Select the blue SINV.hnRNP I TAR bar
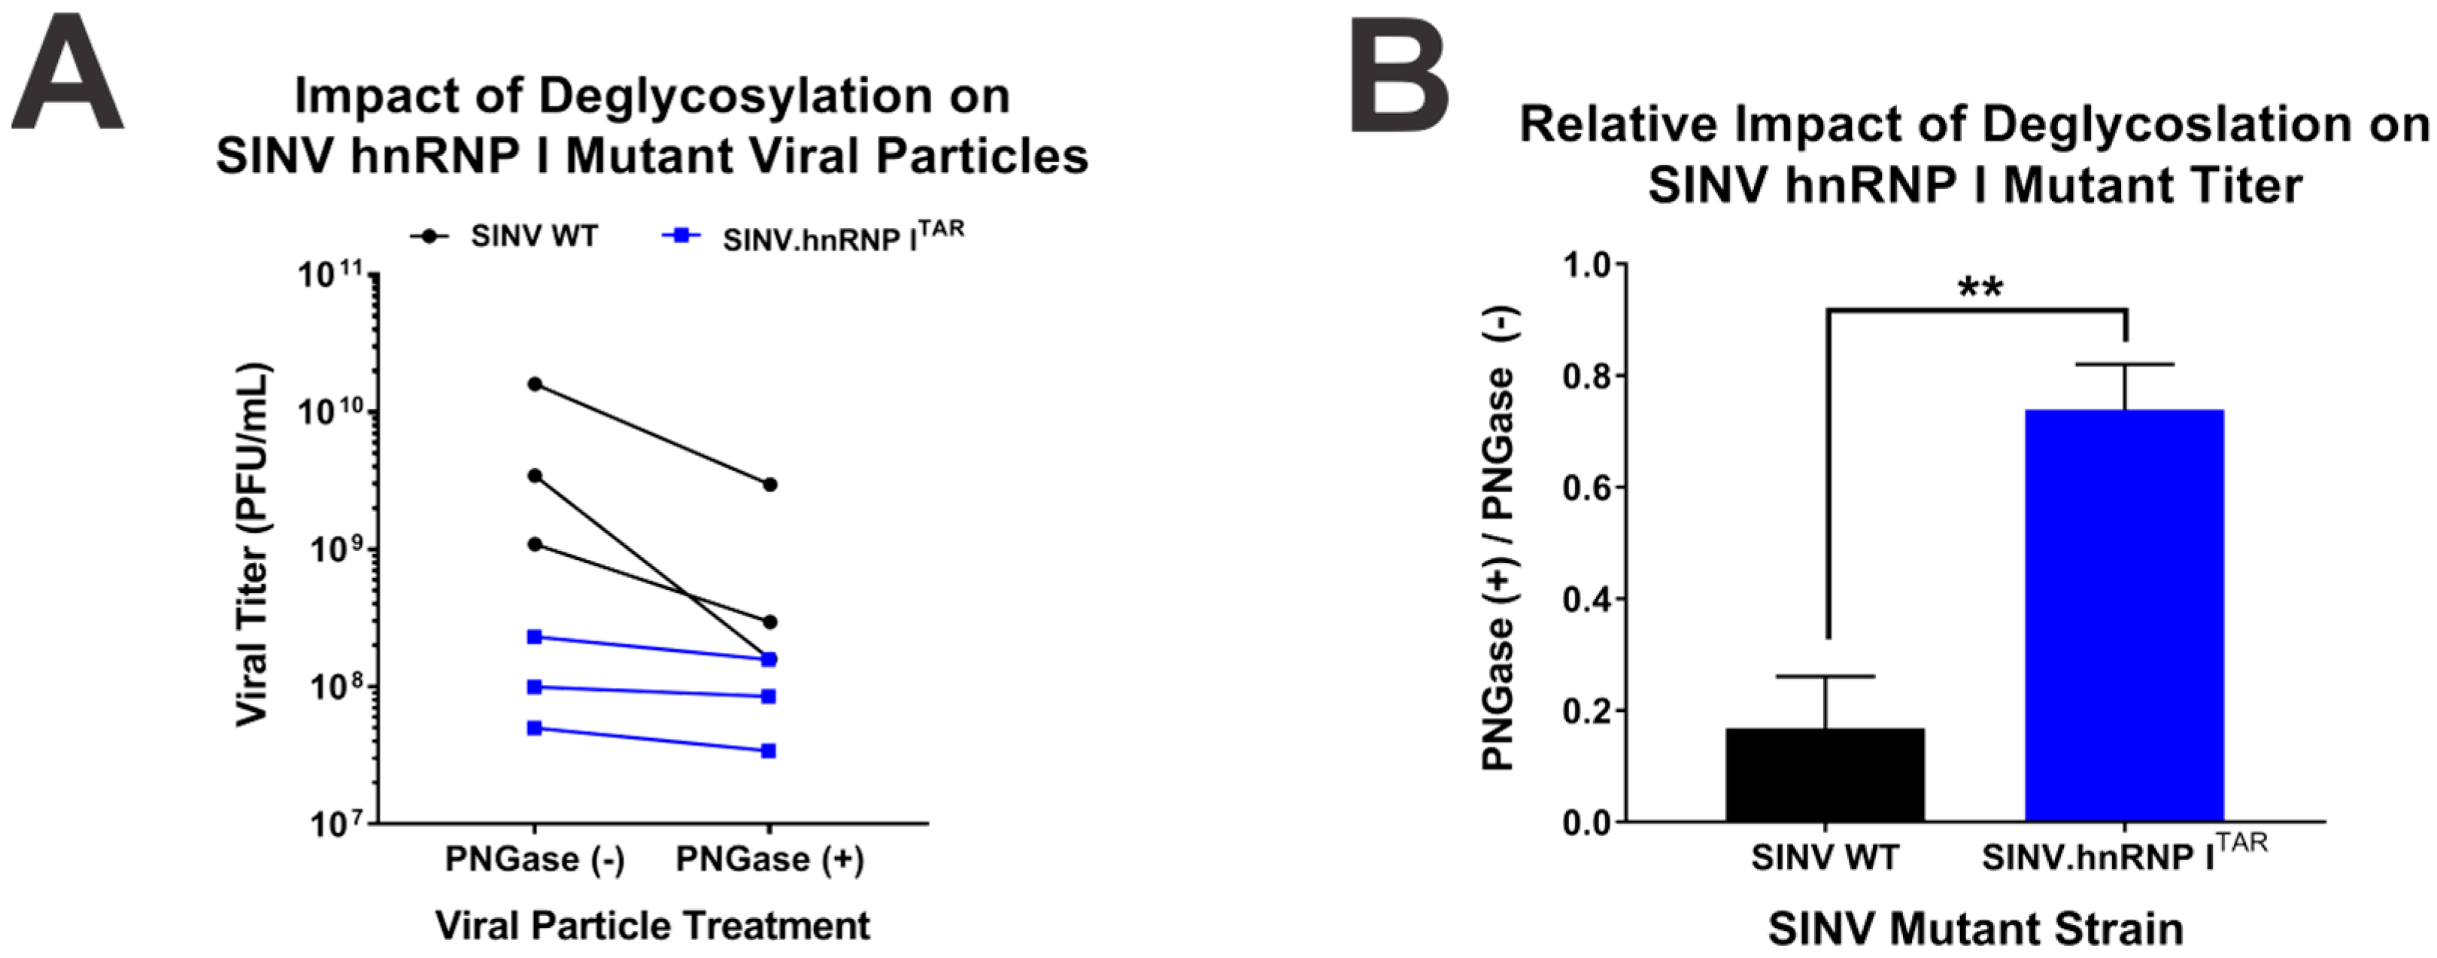click(2124, 616)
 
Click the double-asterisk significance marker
click(1980, 287)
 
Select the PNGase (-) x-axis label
click(535, 859)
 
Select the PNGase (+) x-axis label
click(769, 859)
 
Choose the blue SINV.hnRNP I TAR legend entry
click(814, 238)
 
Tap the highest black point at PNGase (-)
click(535, 385)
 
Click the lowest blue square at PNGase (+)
click(768, 752)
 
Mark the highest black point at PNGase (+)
click(770, 485)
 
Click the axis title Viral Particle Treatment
click(653, 925)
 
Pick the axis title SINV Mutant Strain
click(1975, 929)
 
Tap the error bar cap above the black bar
click(1825, 677)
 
